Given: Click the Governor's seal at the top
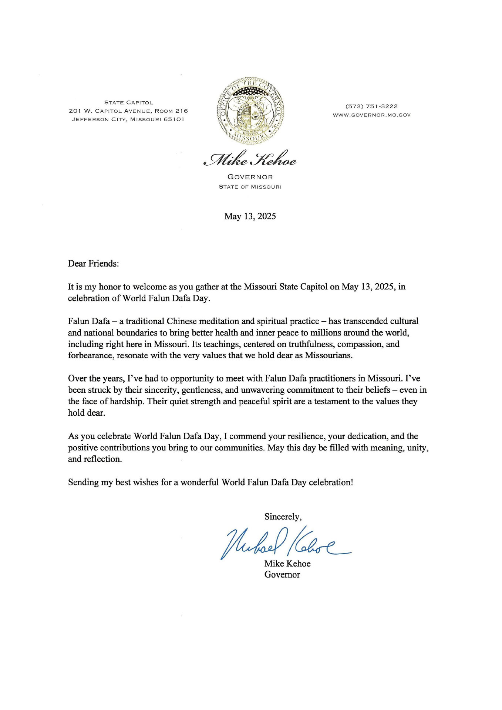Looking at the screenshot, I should coord(250,111).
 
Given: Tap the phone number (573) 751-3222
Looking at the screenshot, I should coord(371,106).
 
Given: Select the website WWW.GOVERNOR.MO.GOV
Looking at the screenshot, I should coord(371,115).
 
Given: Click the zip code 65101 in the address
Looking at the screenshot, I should coord(173,119).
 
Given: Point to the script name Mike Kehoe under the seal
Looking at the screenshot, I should coord(250,160).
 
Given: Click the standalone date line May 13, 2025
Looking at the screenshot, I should coord(250,216).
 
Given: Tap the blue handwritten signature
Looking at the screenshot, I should coord(285,542).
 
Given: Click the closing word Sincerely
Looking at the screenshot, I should coord(282,517).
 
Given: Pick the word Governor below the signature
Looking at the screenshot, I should coord(282,575).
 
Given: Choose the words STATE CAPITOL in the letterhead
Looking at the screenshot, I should coord(128,102).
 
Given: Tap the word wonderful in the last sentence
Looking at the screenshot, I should coord(200,482).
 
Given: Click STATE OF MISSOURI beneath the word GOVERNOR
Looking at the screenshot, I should coord(250,187).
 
